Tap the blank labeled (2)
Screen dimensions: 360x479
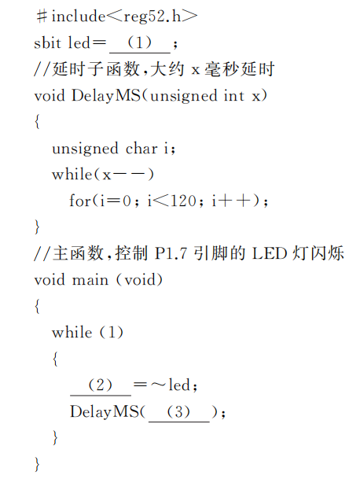point(101,386)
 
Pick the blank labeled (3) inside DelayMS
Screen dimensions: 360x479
point(179,413)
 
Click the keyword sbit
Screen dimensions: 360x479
point(47,42)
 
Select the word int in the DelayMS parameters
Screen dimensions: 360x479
point(234,96)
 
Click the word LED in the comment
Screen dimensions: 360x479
point(270,253)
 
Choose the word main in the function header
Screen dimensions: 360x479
point(90,280)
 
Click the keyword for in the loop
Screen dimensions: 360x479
point(80,201)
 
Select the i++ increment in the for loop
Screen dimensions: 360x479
point(232,201)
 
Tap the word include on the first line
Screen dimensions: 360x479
point(79,17)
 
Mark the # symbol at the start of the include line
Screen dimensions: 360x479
point(42,17)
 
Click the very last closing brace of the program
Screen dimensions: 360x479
point(37,465)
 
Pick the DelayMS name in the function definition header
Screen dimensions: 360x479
point(106,96)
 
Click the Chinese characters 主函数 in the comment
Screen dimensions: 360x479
point(78,253)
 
